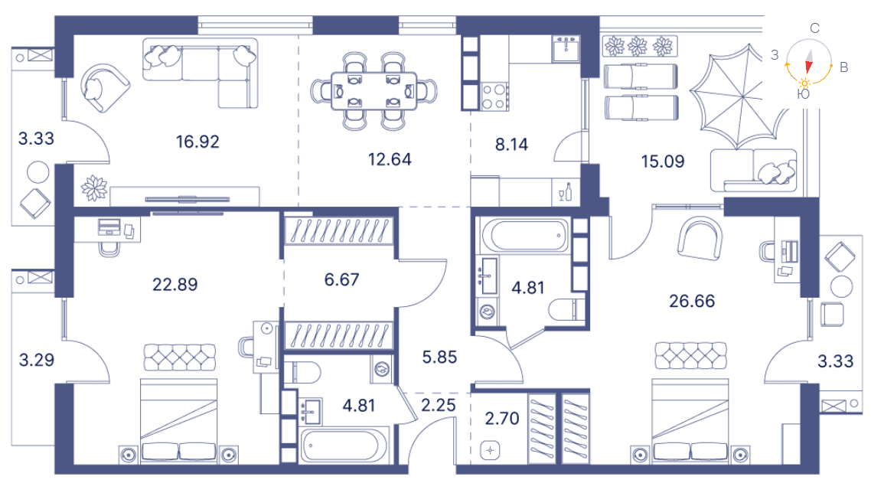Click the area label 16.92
[x=197, y=142]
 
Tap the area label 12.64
[x=390, y=159]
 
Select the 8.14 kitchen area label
[x=511, y=145]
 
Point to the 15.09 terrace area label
[x=663, y=162]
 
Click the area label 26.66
[x=692, y=302]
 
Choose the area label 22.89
[x=175, y=285]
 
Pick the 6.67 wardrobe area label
[x=341, y=279]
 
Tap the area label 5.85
[x=439, y=357]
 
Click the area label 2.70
[x=502, y=419]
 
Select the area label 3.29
[x=37, y=361]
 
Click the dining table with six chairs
[x=374, y=91]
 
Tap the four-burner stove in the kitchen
[x=494, y=96]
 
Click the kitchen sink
[x=566, y=49]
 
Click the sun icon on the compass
[x=804, y=83]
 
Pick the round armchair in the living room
[x=104, y=88]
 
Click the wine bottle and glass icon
[x=566, y=191]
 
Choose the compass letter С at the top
[x=814, y=28]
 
